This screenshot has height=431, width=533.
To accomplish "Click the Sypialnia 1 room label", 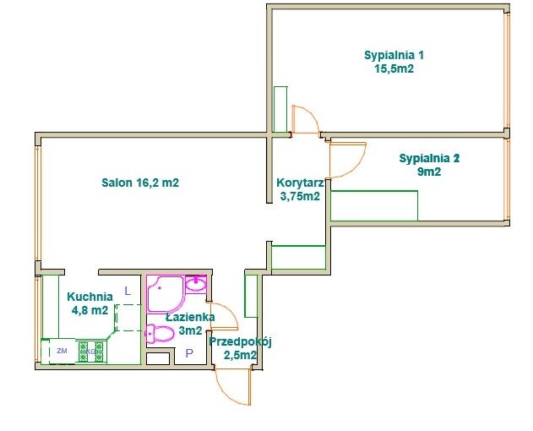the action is [394, 56].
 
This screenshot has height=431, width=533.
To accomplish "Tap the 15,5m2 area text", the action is [394, 68].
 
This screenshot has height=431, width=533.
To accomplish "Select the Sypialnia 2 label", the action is [429, 159].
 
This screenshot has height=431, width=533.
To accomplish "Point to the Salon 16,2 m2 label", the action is [140, 183].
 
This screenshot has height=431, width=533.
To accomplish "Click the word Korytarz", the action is [300, 183].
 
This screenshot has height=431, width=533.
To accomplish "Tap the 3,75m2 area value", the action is [300, 196].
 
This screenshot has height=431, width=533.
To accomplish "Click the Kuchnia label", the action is [90, 297].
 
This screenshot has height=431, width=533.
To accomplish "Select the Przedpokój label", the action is [241, 342].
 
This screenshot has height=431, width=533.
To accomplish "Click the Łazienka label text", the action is [190, 317].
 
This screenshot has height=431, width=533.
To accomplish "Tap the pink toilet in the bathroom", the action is [159, 334].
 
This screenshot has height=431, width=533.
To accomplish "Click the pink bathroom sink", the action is [196, 283].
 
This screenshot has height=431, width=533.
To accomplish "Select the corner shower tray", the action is [166, 294].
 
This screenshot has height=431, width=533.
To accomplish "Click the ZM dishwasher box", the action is [62, 351].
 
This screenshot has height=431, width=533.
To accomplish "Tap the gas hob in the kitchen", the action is [90, 352].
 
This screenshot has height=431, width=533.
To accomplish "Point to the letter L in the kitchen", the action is [128, 292].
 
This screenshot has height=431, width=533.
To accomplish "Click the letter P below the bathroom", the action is [189, 353].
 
